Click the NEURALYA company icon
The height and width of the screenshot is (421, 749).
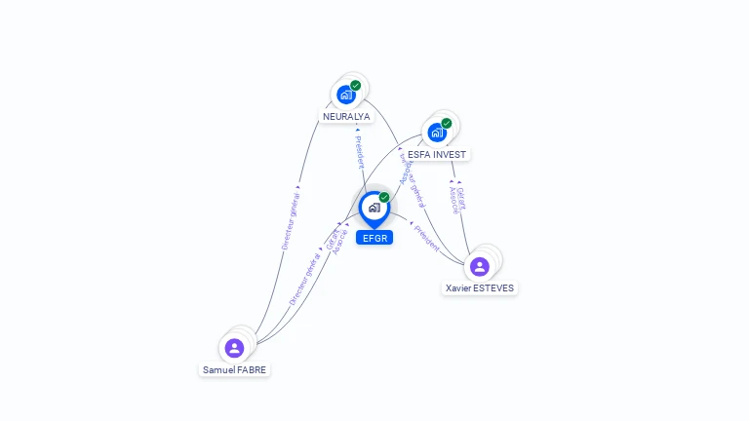point(345,95)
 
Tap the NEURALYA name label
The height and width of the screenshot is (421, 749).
point(346,117)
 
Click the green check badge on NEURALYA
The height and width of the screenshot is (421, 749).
point(356,86)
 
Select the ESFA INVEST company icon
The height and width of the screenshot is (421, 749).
point(437,132)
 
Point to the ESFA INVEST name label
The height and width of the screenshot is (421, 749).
point(437,154)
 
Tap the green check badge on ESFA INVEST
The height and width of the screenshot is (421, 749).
point(447,124)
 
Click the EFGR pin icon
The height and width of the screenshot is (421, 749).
point(374,208)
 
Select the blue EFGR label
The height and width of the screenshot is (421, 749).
point(374,238)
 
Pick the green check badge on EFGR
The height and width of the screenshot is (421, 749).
point(384,198)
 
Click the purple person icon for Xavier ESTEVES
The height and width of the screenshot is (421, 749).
point(479,266)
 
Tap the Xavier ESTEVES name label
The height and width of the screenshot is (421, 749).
point(479,288)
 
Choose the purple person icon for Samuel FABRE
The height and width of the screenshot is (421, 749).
point(234,348)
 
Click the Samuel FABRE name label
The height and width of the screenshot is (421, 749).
point(234,370)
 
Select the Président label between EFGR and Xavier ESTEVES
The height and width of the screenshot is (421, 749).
point(427,238)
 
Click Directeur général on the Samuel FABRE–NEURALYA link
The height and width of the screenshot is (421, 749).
point(291,220)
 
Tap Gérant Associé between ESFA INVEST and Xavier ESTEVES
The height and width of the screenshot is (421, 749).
point(457,199)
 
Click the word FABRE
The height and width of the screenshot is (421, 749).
point(252,370)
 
